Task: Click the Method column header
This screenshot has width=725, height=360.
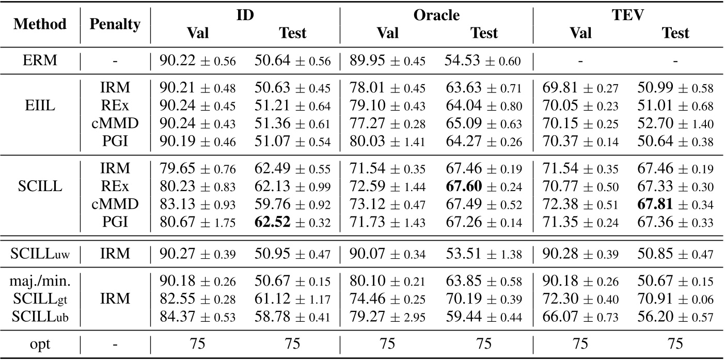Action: [x=40, y=24]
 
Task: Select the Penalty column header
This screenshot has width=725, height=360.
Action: [x=115, y=24]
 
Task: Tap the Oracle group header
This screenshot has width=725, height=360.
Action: [x=436, y=15]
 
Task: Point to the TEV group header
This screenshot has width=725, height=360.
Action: [x=628, y=15]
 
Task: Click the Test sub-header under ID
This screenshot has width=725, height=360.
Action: [x=292, y=33]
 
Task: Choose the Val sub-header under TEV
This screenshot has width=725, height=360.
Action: [x=580, y=33]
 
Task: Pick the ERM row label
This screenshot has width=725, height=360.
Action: [x=40, y=61]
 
